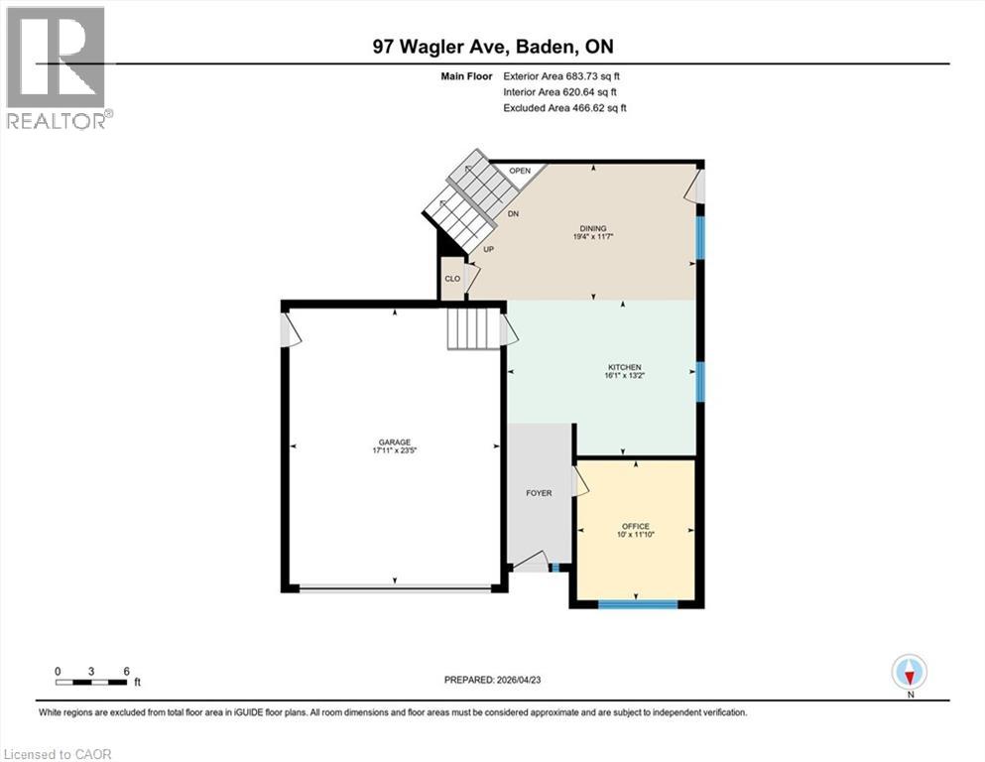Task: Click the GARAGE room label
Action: (393, 443)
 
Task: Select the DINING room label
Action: (594, 228)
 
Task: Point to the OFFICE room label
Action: (635, 525)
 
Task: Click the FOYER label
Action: (539, 493)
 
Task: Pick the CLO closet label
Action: (452, 280)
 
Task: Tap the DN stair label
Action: (514, 214)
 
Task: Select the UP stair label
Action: (488, 249)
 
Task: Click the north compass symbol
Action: (909, 672)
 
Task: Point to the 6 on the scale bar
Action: (126, 671)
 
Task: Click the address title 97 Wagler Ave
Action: (492, 47)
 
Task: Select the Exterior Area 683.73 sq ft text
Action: (563, 75)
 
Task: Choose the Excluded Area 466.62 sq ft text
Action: (564, 107)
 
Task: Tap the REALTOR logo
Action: (57, 67)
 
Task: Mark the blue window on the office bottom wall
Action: (637, 603)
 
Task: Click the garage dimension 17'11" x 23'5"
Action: (393, 451)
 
